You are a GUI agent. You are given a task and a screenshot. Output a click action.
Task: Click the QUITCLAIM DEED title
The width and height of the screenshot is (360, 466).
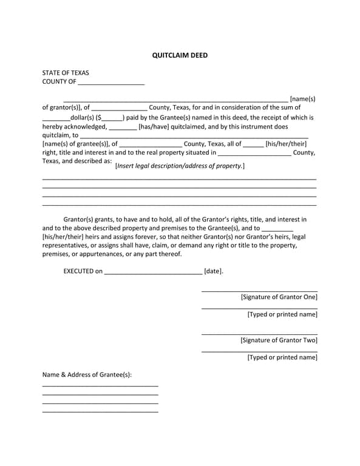coord(180,55)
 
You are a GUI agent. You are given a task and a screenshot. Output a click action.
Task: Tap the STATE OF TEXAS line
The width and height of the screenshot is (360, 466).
coord(66,72)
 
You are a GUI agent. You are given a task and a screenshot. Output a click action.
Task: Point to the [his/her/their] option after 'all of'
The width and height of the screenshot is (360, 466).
coord(286,144)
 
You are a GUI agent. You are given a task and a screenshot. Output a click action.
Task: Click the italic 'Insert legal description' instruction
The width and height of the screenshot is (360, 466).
coord(180,166)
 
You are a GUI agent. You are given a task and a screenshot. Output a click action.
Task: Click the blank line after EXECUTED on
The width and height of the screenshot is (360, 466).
coord(153,273)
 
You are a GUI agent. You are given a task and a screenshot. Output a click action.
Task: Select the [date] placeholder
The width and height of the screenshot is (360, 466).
coord(213,271)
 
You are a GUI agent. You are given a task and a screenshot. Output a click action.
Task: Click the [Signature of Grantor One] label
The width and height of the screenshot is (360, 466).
coord(279,297)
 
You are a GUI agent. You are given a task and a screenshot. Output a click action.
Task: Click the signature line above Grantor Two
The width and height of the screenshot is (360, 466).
coord(259,334)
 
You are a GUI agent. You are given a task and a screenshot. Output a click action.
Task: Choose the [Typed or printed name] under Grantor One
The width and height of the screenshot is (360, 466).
coord(282,314)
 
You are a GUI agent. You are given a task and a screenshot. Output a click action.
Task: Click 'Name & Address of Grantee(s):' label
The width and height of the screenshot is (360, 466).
coord(87,374)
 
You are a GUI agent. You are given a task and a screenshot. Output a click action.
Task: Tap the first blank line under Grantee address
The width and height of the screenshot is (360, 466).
coord(100,385)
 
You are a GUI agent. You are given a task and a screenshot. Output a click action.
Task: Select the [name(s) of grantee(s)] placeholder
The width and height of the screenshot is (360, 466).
coord(75,144)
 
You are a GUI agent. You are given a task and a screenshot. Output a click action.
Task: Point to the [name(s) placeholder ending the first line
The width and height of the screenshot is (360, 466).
coord(302,98)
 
